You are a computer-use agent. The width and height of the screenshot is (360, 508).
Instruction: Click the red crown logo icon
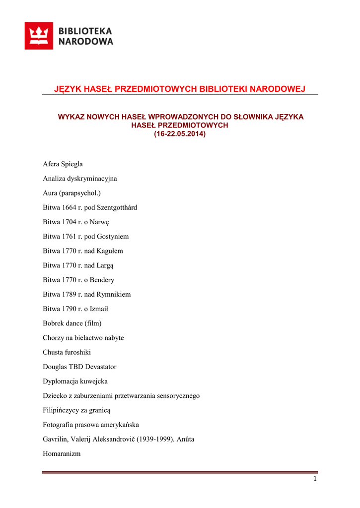click(x=39, y=36)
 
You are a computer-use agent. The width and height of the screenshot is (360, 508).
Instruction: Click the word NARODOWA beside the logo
click(x=86, y=42)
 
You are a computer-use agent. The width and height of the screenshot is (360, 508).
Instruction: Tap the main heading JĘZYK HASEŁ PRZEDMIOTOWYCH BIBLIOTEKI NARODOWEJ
click(x=179, y=89)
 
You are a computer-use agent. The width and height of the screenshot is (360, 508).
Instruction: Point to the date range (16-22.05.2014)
click(x=179, y=134)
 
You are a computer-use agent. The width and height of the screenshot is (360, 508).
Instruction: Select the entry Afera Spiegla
click(x=63, y=164)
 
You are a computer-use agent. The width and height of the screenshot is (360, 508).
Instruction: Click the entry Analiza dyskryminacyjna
click(x=79, y=179)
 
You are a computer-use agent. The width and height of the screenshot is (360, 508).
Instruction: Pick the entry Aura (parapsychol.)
click(x=72, y=193)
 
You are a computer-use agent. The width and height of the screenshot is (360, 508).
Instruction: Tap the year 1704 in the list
click(x=70, y=222)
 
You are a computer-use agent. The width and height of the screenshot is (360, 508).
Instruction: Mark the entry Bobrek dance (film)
click(x=72, y=323)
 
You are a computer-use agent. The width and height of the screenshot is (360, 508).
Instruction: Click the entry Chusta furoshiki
click(x=67, y=352)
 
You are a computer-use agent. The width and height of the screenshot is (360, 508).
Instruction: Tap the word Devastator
click(x=99, y=367)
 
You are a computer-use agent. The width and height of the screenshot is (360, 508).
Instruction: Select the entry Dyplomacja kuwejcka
click(x=75, y=381)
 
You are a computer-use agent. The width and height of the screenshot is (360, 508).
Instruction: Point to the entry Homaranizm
click(x=62, y=453)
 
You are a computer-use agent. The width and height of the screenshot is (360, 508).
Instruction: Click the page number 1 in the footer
click(x=315, y=479)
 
